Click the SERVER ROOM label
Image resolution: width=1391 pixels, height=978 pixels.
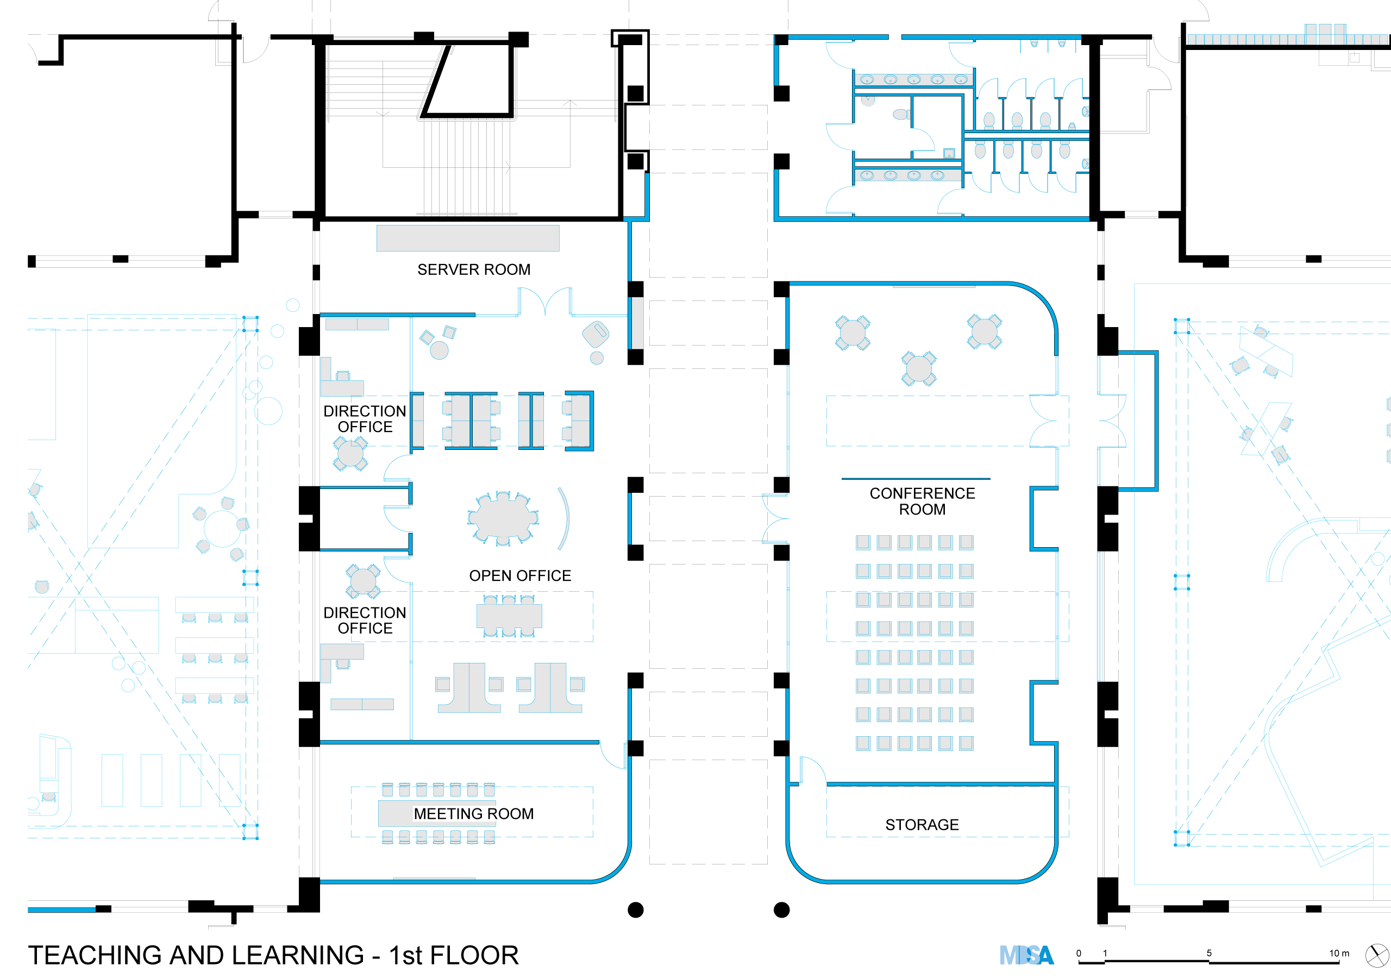474,269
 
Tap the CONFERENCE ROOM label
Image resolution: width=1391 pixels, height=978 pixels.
922,501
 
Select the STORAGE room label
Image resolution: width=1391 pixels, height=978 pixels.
922,825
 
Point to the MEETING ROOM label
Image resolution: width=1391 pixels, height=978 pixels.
474,814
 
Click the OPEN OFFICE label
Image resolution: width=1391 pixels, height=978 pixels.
520,575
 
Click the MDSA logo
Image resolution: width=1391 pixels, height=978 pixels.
1026,956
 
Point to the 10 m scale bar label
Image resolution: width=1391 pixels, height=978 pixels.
1339,953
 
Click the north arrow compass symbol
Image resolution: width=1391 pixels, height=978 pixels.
1377,956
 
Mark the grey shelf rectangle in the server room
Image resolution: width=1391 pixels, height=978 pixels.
468,238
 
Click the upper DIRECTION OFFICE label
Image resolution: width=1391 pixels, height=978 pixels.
365,419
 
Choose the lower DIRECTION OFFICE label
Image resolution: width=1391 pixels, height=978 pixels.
365,620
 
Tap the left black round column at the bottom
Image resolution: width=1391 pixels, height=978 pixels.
636,910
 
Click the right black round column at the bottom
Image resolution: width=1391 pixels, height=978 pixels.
781,910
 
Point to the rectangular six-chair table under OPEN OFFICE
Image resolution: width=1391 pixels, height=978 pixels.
509,616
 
